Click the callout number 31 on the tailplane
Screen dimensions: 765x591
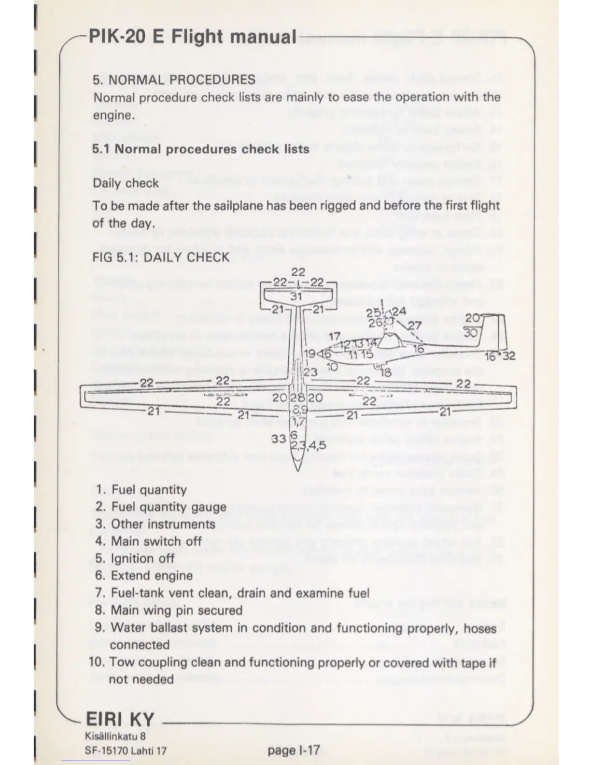pyautogui.click(x=296, y=296)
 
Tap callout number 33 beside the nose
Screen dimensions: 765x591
pyautogui.click(x=279, y=439)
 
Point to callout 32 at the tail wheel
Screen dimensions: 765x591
pyautogui.click(x=508, y=356)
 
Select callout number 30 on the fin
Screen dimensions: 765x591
pyautogui.click(x=471, y=333)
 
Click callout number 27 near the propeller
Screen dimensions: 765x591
pyautogui.click(x=414, y=326)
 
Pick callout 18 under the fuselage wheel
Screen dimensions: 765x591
pyautogui.click(x=386, y=372)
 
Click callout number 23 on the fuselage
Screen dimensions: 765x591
pyautogui.click(x=310, y=372)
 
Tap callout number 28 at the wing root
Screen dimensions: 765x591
pyautogui.click(x=298, y=398)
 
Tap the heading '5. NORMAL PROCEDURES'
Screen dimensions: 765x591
pyautogui.click(x=174, y=79)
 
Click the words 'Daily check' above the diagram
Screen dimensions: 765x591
pyautogui.click(x=126, y=183)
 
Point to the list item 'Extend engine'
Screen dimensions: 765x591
pyautogui.click(x=152, y=576)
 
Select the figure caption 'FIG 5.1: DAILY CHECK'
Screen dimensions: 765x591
pyautogui.click(x=161, y=257)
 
